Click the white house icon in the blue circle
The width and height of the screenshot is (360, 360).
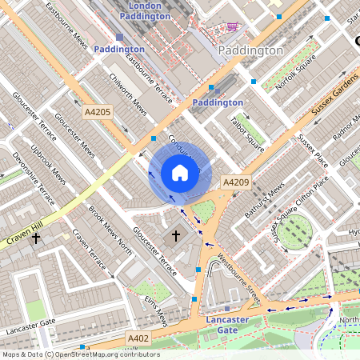[180, 172]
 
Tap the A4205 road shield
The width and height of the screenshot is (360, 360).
[102, 114]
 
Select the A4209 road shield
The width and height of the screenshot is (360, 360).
[236, 182]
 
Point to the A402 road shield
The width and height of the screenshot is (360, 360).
[138, 339]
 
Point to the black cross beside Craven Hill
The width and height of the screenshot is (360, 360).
[35, 238]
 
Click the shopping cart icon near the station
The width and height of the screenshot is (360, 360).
[232, 26]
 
